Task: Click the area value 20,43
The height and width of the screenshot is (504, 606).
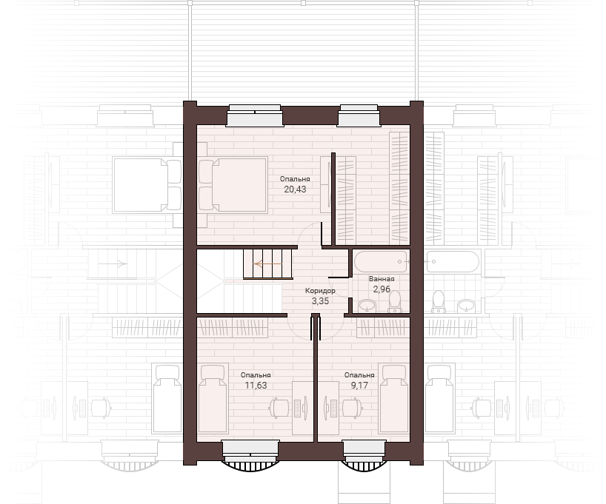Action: tap(295, 189)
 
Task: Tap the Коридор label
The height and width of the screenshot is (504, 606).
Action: tap(320, 290)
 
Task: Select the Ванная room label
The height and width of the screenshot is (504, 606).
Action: tap(382, 279)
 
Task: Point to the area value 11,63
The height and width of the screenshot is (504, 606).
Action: tap(256, 385)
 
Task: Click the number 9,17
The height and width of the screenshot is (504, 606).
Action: tap(359, 385)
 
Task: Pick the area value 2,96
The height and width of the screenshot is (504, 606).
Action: tap(382, 289)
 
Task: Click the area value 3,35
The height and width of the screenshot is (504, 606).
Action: tap(320, 301)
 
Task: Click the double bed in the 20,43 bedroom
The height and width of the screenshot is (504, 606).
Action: tap(233, 184)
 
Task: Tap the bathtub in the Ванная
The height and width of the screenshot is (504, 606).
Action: tap(381, 261)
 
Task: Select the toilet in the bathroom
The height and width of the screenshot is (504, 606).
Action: tap(395, 301)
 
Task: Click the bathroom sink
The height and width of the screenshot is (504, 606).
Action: tap(367, 306)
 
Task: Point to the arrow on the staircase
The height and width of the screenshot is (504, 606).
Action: tap(267, 263)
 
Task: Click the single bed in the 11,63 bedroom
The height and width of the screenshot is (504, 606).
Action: tap(213, 400)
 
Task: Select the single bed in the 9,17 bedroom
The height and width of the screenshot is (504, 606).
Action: tap(394, 399)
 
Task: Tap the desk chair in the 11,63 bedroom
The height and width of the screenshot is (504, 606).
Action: tap(279, 408)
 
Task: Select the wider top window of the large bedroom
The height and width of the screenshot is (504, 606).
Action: tap(255, 115)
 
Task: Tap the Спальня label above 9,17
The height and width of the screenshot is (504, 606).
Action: tap(359, 375)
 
